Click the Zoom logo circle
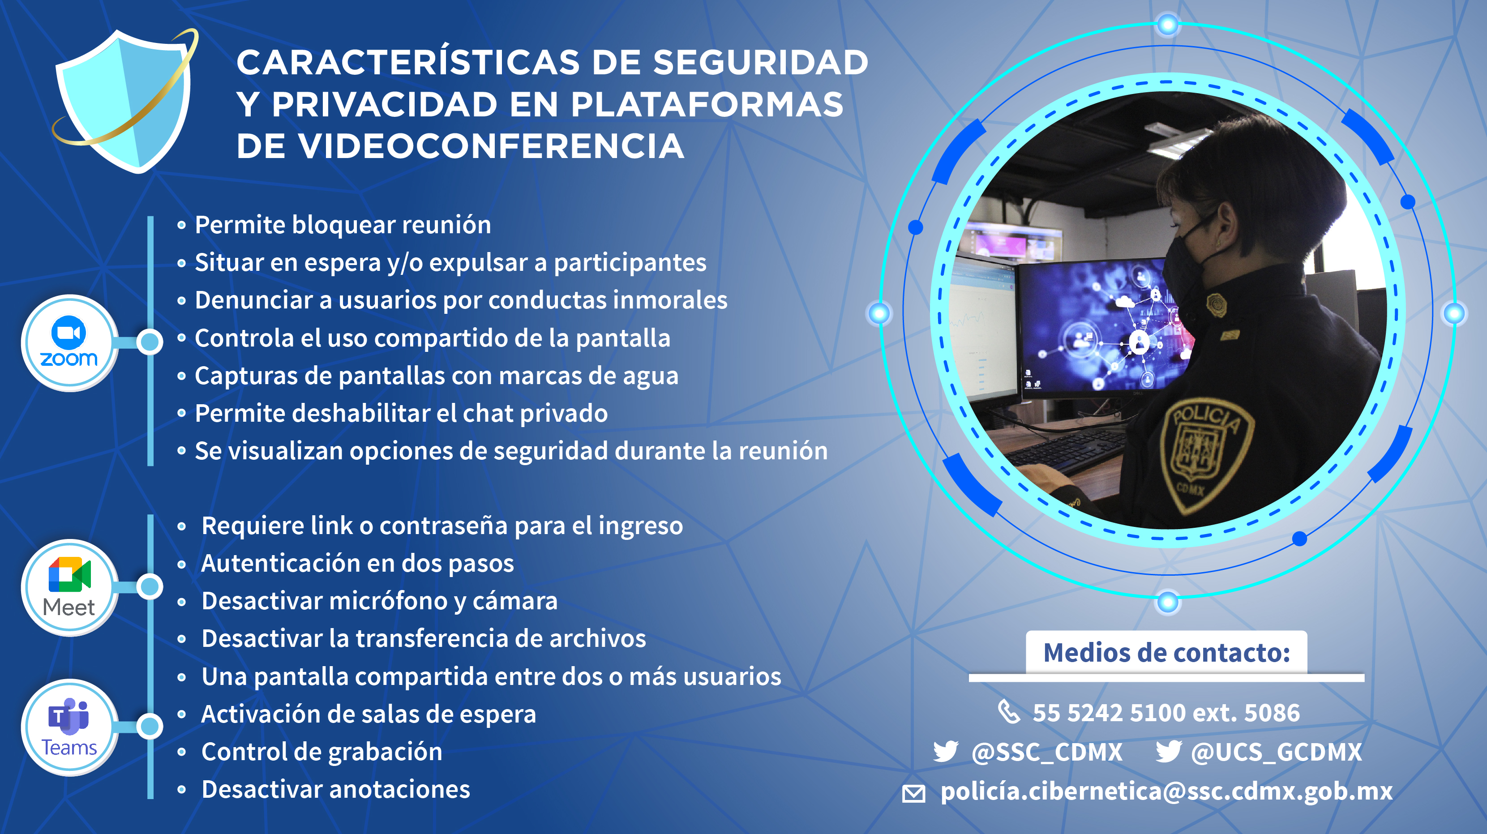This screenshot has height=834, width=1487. click(69, 343)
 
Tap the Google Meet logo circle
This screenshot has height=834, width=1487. click(69, 587)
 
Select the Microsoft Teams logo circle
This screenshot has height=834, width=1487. click(69, 727)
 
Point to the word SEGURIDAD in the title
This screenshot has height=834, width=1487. click(760, 62)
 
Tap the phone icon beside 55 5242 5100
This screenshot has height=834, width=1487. click(1009, 712)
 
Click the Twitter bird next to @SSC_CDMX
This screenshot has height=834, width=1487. click(946, 752)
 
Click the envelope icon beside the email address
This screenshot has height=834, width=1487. click(914, 794)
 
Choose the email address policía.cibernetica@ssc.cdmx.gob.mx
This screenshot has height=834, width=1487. click(1166, 791)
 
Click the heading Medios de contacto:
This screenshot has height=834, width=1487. click(1166, 653)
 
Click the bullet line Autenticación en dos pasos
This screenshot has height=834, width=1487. click(357, 563)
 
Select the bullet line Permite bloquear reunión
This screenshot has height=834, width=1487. click(343, 225)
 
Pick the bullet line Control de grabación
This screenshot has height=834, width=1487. click(321, 752)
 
